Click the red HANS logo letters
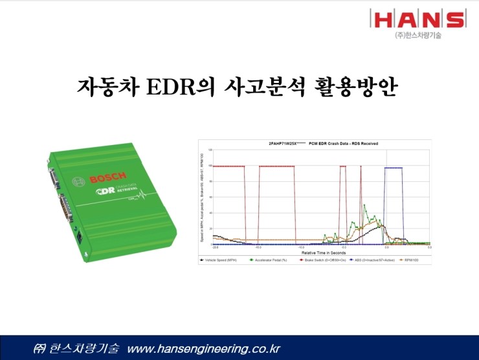418,19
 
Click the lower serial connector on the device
64,208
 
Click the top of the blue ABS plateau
393,168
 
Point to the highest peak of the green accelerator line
364,206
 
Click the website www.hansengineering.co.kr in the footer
204,349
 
